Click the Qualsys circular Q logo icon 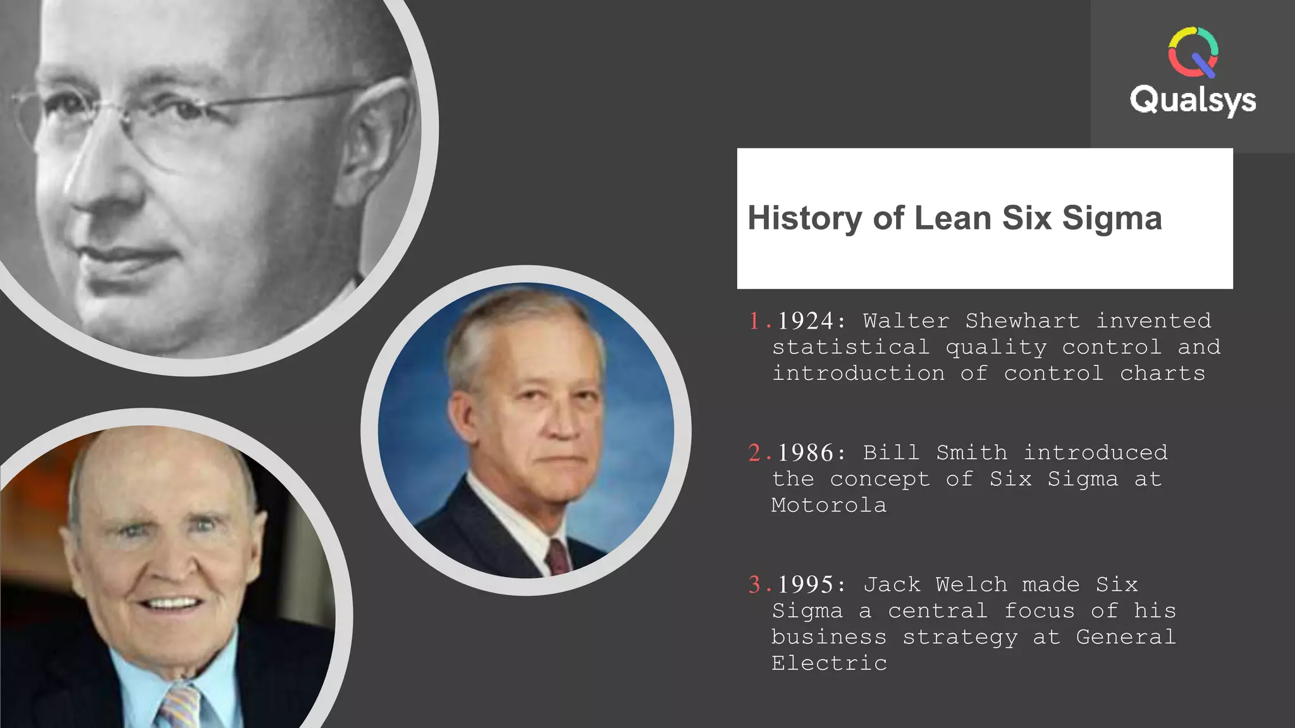1193,52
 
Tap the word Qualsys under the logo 1193,100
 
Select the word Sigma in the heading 1112,218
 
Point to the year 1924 806,321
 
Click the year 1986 806,453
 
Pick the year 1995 806,585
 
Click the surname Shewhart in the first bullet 1022,321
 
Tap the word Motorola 829,506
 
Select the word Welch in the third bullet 971,585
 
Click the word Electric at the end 829,664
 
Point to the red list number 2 755,453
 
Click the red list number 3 755,585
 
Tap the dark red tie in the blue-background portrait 558,557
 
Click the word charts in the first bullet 1162,374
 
